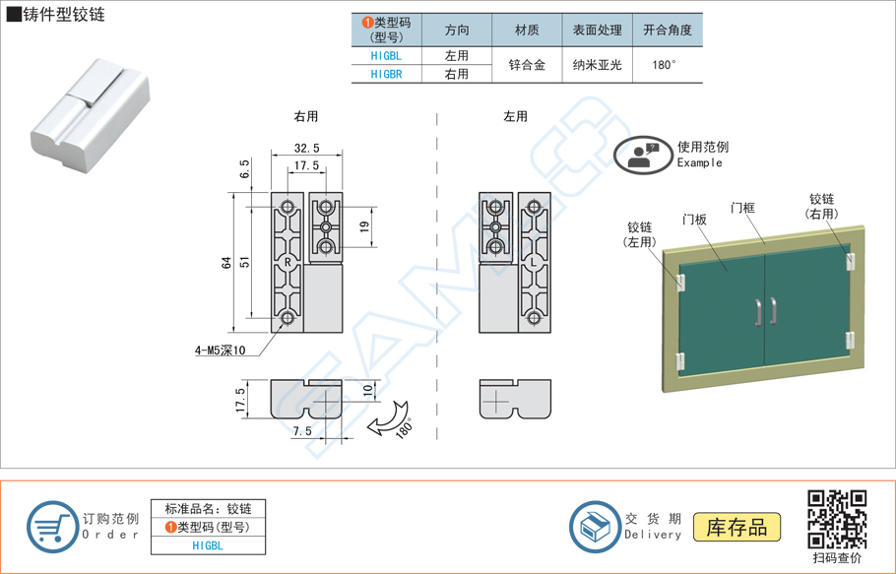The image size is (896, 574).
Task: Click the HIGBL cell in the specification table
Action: point(386,56)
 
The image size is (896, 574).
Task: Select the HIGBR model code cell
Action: point(386,74)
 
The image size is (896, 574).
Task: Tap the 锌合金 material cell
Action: point(527,65)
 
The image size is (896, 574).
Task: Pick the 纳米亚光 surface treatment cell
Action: point(597,65)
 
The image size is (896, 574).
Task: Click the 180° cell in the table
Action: point(667,65)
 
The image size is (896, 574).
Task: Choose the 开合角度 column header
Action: point(667,30)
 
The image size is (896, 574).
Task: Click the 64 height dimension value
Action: point(225,263)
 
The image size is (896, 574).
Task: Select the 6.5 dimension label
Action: point(243,169)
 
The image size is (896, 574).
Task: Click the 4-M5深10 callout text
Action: point(220,350)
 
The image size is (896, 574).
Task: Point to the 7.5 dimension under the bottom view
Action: point(301,431)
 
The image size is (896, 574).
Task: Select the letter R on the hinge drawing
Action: point(288,263)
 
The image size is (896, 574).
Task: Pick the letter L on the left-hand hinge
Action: point(533,263)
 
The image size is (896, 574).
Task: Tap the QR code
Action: point(836,519)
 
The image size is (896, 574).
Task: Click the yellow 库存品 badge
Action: point(736,526)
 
